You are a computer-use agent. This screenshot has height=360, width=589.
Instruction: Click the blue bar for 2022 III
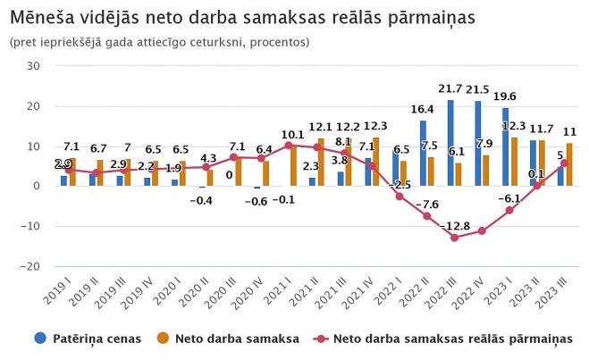pos(450,143)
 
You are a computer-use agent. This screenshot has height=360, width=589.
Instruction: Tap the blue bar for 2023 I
pos(506,147)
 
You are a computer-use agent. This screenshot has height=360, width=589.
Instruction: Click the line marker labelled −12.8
pos(455,238)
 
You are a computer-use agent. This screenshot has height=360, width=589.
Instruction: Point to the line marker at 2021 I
pos(289,146)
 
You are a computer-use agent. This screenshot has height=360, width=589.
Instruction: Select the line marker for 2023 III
pos(565,163)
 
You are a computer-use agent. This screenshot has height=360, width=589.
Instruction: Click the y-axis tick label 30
pos(34,66)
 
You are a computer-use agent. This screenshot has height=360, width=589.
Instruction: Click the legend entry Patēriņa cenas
pos(78,339)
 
